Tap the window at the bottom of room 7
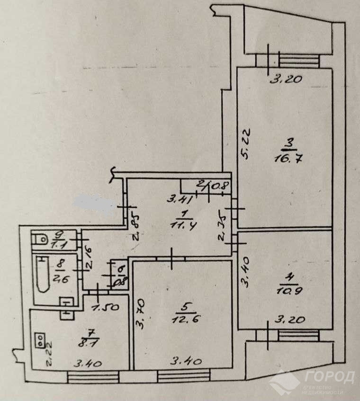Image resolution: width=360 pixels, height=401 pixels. click(x=87, y=376)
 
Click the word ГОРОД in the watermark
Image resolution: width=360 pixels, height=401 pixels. click(x=330, y=378)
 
